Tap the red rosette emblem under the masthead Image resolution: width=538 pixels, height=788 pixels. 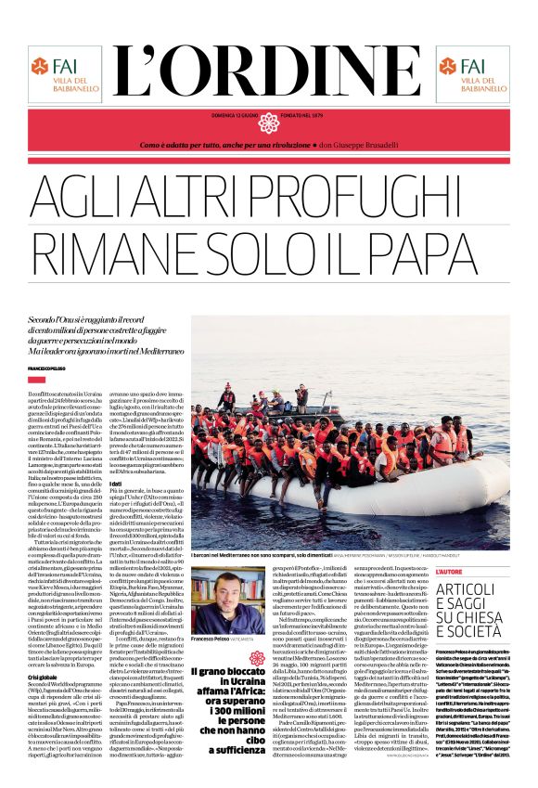[x=269, y=123]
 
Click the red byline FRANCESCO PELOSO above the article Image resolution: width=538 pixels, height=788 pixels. [x=50, y=368]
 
